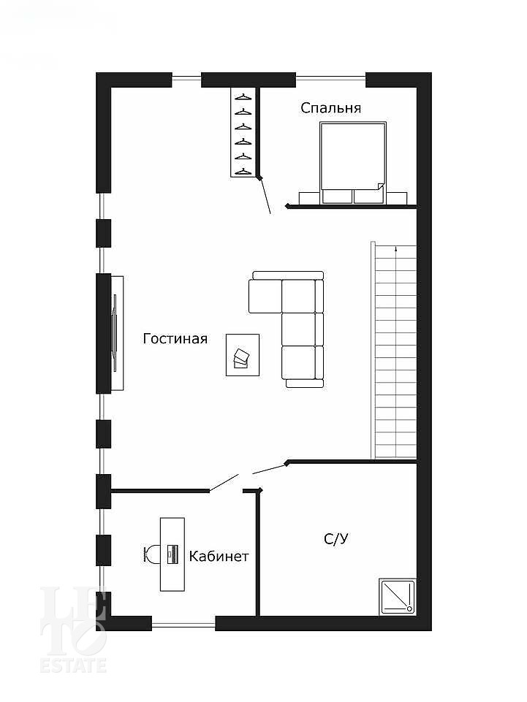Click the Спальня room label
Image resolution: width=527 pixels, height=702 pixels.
330,108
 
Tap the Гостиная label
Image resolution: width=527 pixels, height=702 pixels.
175,338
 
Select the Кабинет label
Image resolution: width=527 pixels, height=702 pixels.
219,557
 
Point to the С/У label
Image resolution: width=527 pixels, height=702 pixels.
336,538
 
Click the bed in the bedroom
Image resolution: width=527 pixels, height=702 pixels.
353,163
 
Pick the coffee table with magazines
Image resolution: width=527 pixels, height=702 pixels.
243,354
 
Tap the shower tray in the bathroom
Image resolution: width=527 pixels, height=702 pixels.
397,597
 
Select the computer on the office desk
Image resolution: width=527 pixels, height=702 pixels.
172,554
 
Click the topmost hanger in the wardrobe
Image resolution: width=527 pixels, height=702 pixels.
243,96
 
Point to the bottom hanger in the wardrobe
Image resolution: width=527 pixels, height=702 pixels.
243,171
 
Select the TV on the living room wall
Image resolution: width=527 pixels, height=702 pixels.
115,334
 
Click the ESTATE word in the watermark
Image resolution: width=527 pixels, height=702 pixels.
74,665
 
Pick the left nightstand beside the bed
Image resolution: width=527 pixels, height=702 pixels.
310,198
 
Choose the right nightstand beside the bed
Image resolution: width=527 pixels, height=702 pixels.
397,198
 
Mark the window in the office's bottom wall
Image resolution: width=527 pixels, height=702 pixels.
183,624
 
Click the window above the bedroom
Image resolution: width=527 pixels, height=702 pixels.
330,79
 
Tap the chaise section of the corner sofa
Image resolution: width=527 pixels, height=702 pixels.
265,296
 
